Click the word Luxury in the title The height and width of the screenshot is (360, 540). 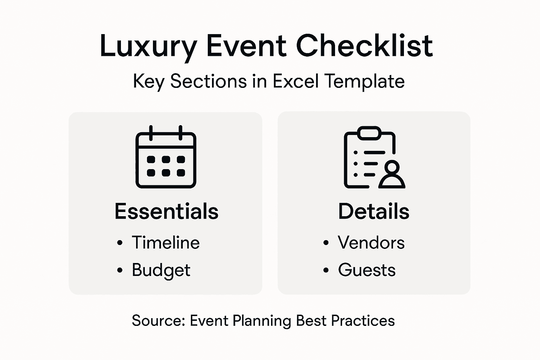(148, 46)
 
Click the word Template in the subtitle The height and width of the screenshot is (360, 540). (365, 82)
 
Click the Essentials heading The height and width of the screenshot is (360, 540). (166, 211)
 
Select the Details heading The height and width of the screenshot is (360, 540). (374, 211)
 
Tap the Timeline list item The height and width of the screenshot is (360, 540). (166, 243)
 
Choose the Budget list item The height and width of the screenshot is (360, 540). (161, 270)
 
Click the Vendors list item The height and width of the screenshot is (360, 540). (371, 243)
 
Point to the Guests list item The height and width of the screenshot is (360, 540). (367, 270)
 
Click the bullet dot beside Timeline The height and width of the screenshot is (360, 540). (120, 243)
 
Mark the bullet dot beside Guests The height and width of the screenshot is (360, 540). (326, 270)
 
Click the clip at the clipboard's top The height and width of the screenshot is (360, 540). (369, 133)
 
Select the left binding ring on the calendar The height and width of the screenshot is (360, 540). (151, 132)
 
